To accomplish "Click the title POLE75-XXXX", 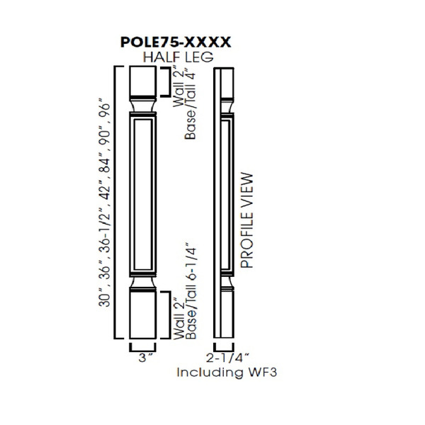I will tap(176, 42).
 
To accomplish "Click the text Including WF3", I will tap(225, 372).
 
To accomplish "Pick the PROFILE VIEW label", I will tap(246, 220).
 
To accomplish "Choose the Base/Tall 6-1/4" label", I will tap(190, 290).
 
